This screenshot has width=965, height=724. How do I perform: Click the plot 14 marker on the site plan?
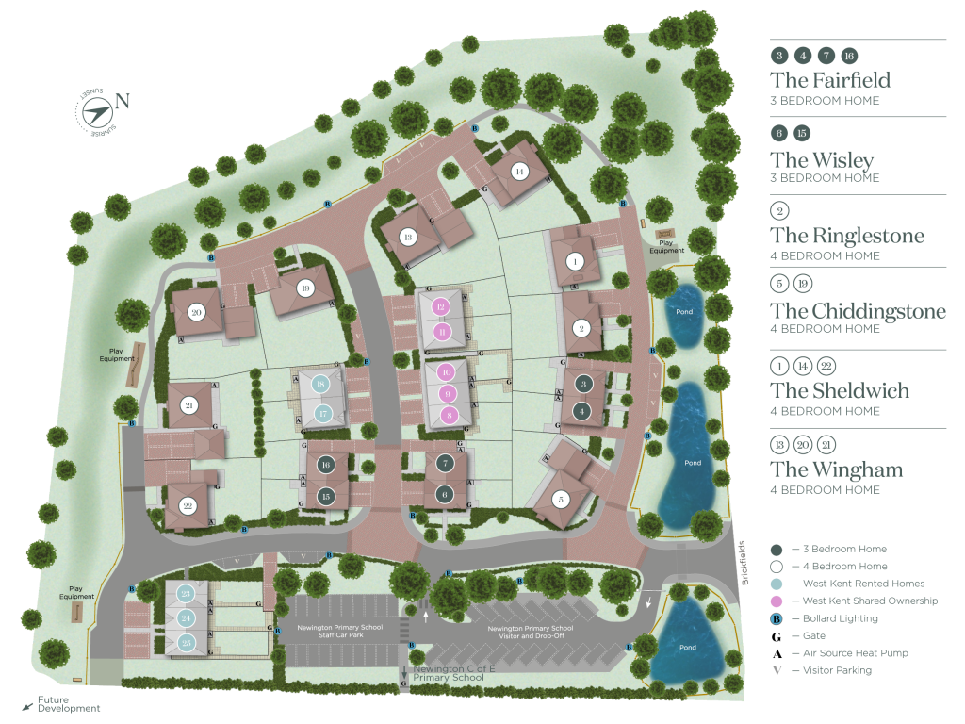pyautogui.click(x=518, y=172)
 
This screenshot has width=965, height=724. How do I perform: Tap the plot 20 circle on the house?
pyautogui.click(x=196, y=313)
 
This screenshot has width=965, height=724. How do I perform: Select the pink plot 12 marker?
pyautogui.click(x=441, y=306)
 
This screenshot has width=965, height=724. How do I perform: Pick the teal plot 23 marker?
pyautogui.click(x=186, y=593)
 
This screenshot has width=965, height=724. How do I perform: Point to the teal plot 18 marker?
pyautogui.click(x=321, y=385)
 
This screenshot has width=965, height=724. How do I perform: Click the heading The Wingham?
pyautogui.click(x=836, y=469)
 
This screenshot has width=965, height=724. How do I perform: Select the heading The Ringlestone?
pyautogui.click(x=846, y=236)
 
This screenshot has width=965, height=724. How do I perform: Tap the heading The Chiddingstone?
pyautogui.click(x=858, y=311)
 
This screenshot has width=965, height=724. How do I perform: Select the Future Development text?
pyautogui.click(x=68, y=704)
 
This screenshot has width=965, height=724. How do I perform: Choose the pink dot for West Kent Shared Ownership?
pyautogui.click(x=777, y=601)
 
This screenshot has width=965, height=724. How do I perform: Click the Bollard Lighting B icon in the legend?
pyautogui.click(x=777, y=618)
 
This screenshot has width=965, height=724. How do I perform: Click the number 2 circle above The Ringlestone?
pyautogui.click(x=778, y=211)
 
